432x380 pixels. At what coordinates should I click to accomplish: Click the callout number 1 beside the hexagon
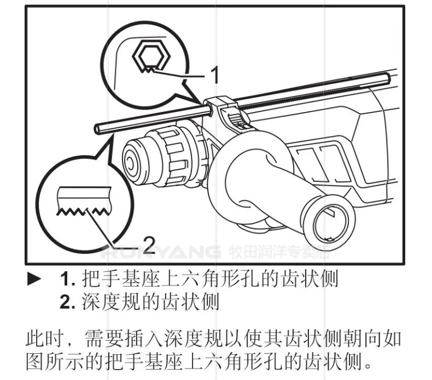tap(214, 74)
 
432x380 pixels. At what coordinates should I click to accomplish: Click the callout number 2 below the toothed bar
tap(149, 245)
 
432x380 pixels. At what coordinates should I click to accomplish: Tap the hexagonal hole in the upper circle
tap(151, 57)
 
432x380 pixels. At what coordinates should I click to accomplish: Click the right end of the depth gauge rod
tap(388, 78)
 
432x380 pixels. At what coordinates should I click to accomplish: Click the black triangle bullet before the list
tap(34, 279)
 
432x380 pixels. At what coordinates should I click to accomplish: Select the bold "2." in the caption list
tap(67, 301)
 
